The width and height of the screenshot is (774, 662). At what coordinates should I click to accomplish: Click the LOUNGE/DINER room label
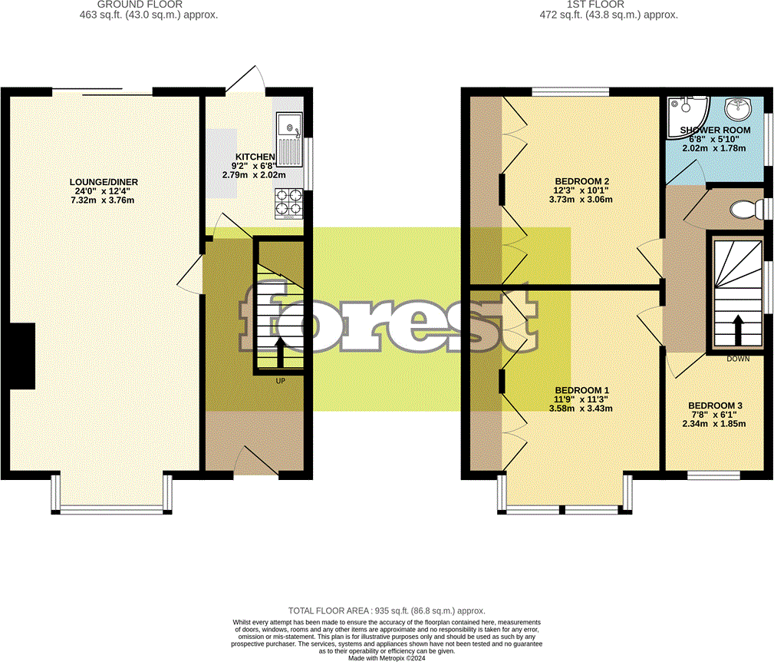coord(104,182)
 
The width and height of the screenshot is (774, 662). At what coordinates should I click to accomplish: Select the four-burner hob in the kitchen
coord(288,202)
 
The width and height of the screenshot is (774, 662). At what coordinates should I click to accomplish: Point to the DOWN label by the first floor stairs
coord(738,359)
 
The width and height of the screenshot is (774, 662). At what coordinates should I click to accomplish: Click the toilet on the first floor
coord(743,209)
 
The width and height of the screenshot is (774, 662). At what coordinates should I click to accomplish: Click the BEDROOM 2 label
coord(576,181)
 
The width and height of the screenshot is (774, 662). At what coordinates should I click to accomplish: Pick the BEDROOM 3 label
coord(714,405)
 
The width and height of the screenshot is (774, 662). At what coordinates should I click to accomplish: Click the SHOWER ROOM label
coord(715,131)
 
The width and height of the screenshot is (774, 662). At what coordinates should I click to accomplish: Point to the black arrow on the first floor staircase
coord(738,329)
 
